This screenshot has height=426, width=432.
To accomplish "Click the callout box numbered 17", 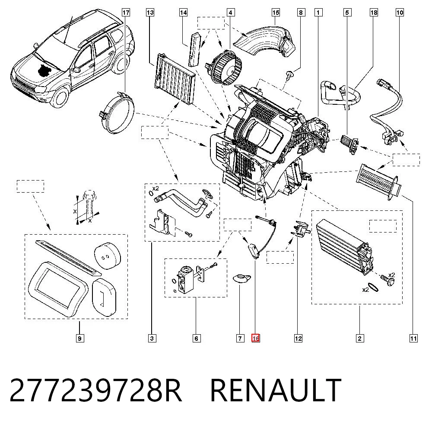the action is (x=126, y=13).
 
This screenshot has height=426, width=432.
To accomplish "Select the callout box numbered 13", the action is (x=150, y=13).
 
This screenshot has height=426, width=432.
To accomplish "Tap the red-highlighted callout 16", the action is (x=255, y=338).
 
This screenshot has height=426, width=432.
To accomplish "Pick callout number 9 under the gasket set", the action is (x=79, y=338).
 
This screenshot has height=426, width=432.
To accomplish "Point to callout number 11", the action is (x=413, y=338).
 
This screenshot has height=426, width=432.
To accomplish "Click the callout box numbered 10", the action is (x=400, y=13).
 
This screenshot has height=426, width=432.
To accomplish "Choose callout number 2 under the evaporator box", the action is (x=359, y=338).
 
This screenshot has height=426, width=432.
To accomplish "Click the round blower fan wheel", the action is (x=226, y=68).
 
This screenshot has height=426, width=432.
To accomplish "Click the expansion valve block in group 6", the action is (x=184, y=279).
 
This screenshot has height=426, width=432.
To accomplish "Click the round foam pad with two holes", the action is (x=108, y=256).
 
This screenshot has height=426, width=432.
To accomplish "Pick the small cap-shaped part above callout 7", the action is (x=242, y=278).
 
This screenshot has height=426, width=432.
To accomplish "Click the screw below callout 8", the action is (x=289, y=75).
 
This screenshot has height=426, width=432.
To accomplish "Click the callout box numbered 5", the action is (x=347, y=13).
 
